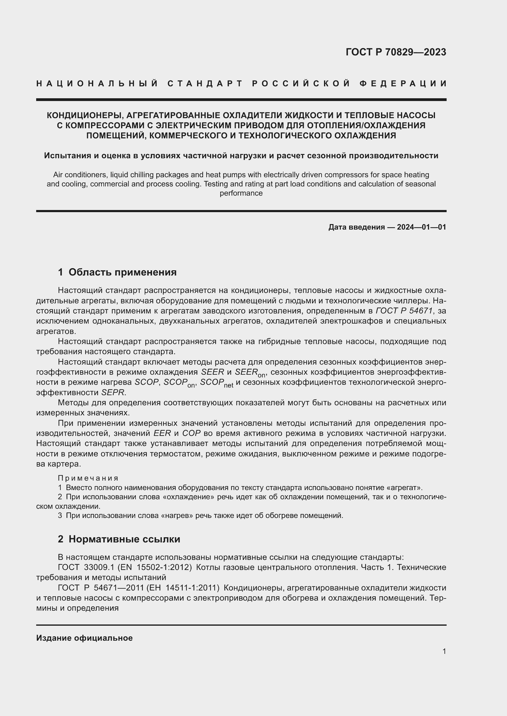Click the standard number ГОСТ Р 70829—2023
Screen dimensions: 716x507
(395, 52)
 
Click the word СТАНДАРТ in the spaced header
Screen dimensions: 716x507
(205, 84)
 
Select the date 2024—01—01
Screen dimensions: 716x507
(421, 227)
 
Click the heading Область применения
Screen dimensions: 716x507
(122, 272)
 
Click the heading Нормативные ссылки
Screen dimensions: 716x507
(124, 539)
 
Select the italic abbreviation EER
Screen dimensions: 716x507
(162, 433)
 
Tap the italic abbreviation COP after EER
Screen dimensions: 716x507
(191, 433)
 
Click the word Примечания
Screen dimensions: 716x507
(88, 478)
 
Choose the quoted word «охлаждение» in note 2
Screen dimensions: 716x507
(188, 497)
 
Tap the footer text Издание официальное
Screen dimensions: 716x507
(84, 638)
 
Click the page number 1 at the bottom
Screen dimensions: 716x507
(444, 651)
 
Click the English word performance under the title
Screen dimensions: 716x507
(241, 193)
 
